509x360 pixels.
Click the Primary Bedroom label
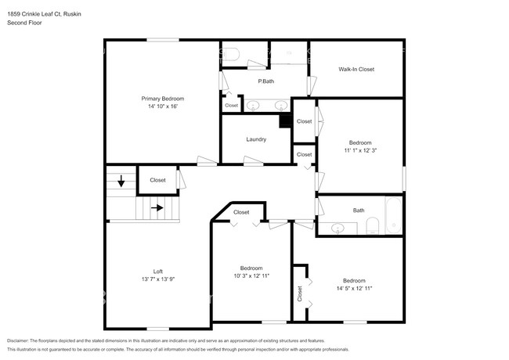point(163,99)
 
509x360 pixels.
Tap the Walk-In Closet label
point(356,69)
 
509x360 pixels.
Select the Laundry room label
point(256,139)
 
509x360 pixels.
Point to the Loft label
point(158,272)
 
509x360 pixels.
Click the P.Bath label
point(266,81)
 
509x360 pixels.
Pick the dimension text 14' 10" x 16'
point(163,106)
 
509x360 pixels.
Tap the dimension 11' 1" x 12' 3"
point(360,150)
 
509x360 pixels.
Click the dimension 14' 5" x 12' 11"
point(354,288)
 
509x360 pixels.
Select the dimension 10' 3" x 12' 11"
point(251,276)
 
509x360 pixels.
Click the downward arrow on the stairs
point(121,181)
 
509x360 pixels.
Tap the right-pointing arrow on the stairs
point(157,207)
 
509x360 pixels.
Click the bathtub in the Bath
point(394,215)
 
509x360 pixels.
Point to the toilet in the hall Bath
point(373,225)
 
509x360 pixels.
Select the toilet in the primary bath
point(231,55)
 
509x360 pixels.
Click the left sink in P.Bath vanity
point(253,106)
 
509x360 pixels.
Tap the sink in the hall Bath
point(338,229)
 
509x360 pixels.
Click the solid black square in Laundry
point(285,121)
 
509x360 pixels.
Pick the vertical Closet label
point(300,293)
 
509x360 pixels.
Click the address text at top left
point(44,14)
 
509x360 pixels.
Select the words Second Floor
point(24,23)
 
